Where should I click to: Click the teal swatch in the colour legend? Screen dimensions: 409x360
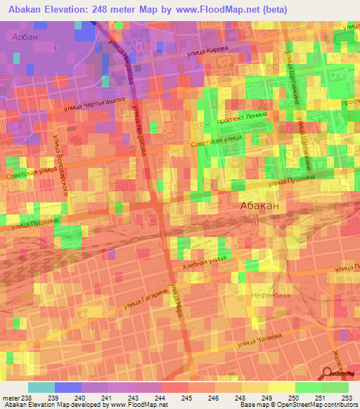[x=41, y=387]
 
